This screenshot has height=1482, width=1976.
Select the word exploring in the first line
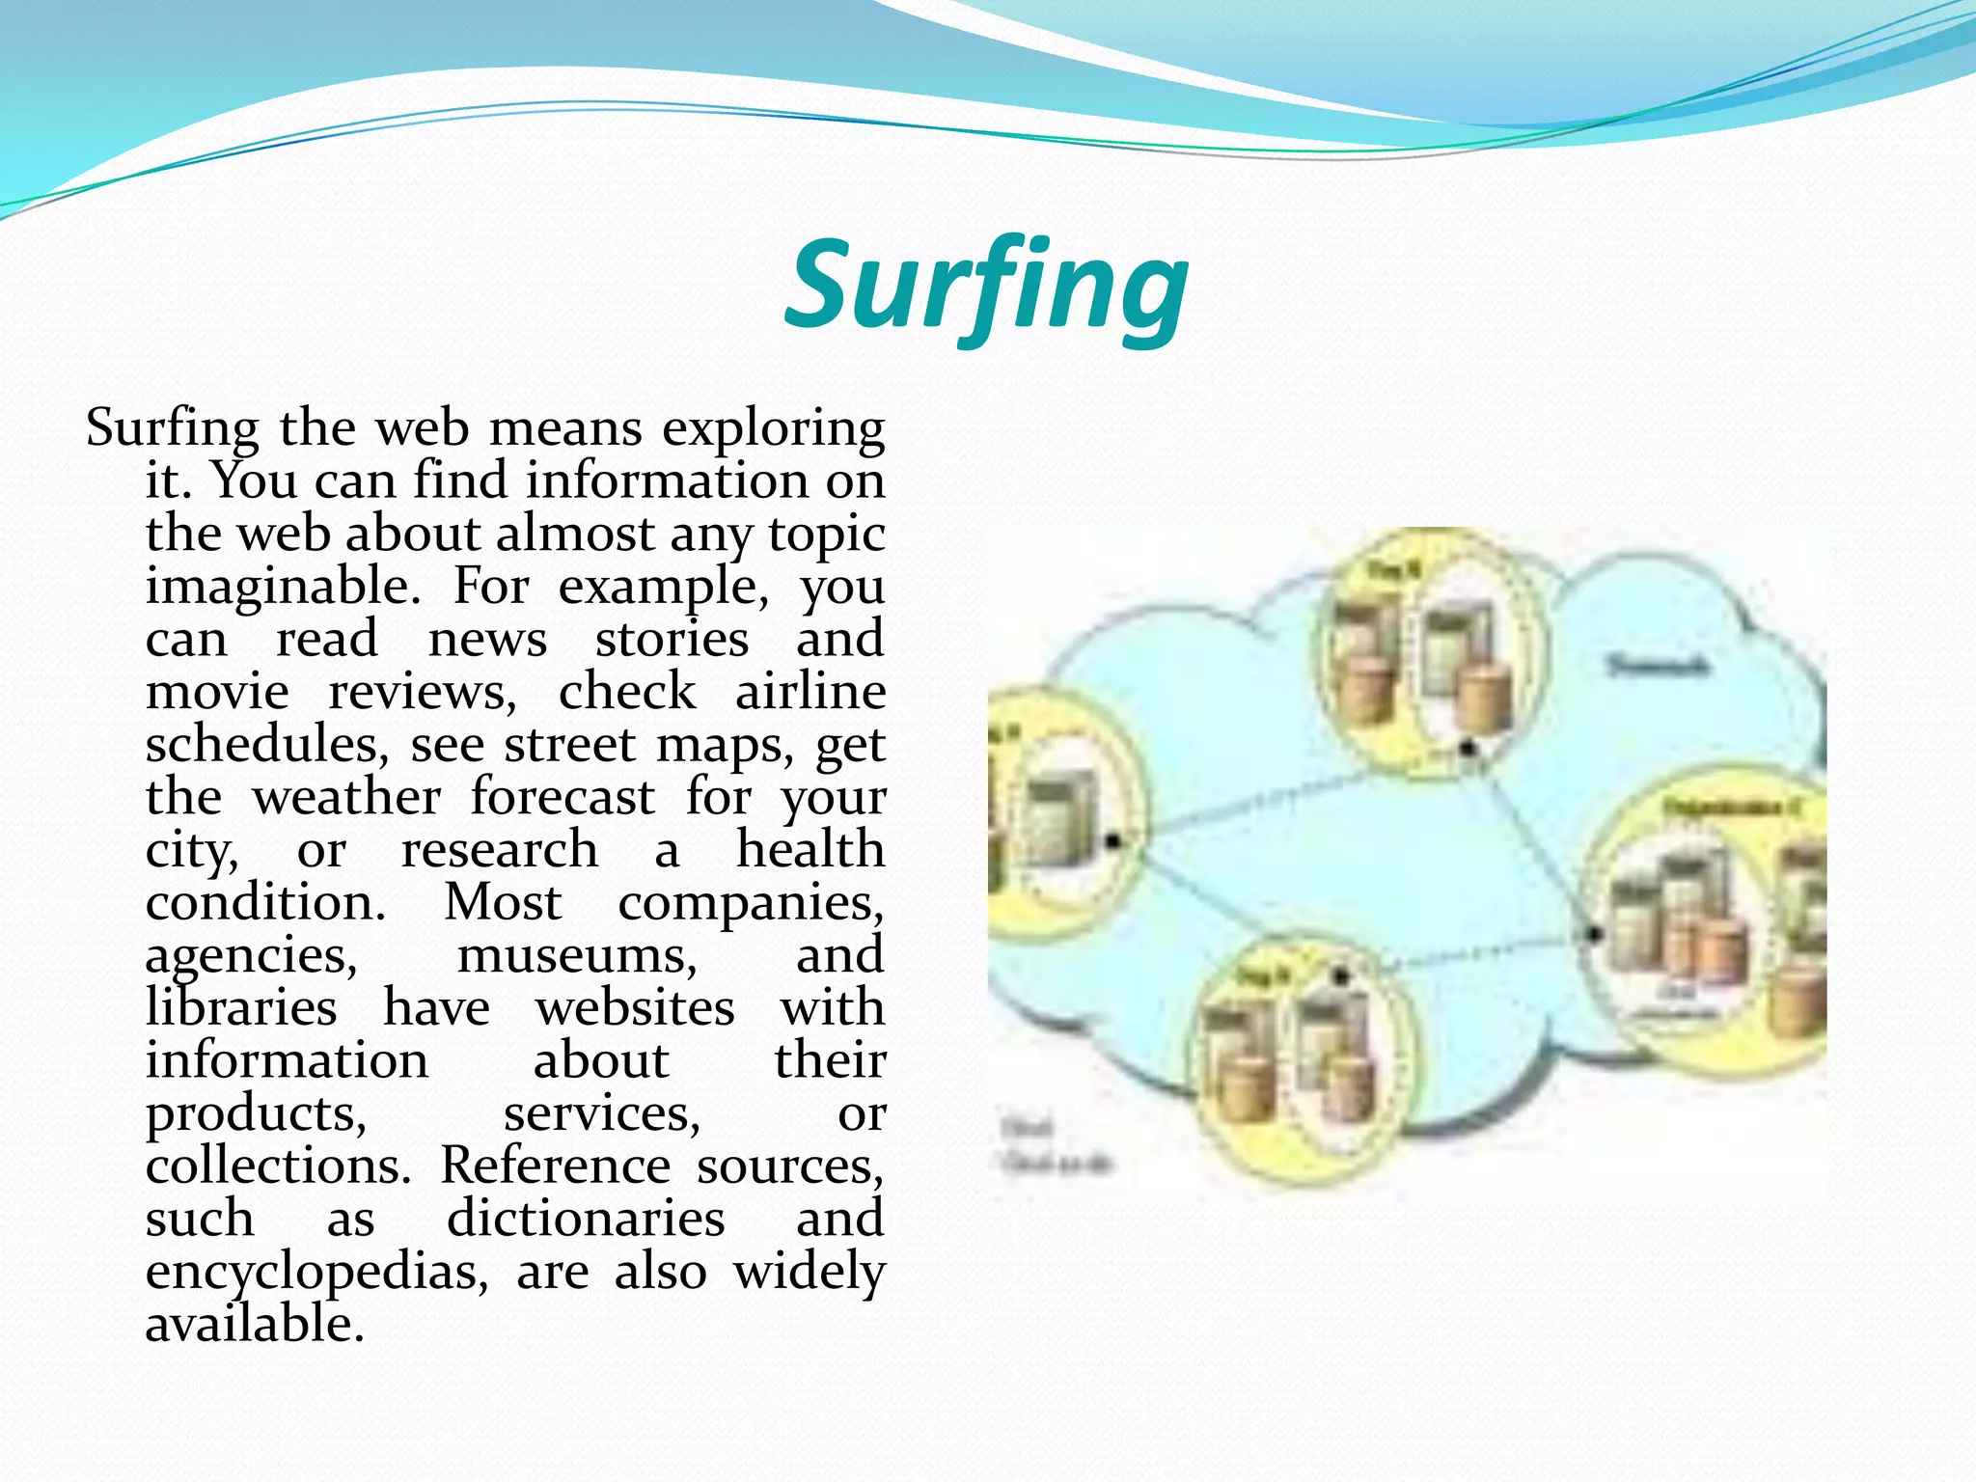(773, 428)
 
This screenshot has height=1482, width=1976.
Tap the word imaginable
(282, 586)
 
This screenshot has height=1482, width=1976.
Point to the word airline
(810, 692)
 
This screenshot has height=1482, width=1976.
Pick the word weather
(346, 798)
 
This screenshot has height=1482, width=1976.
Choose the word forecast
(563, 798)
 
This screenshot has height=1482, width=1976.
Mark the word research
(499, 850)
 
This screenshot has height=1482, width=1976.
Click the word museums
(576, 955)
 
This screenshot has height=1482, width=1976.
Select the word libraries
(241, 1008)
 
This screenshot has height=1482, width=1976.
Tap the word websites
(635, 1008)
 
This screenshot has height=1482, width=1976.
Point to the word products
(256, 1114)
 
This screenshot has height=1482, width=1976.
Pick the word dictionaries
(586, 1219)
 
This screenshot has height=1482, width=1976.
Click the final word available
(255, 1325)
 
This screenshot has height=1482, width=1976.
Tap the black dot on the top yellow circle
(1468, 748)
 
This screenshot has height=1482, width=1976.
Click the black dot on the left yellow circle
(1112, 841)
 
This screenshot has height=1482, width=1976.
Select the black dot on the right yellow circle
(1594, 933)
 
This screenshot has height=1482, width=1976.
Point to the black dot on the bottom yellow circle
(1340, 976)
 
